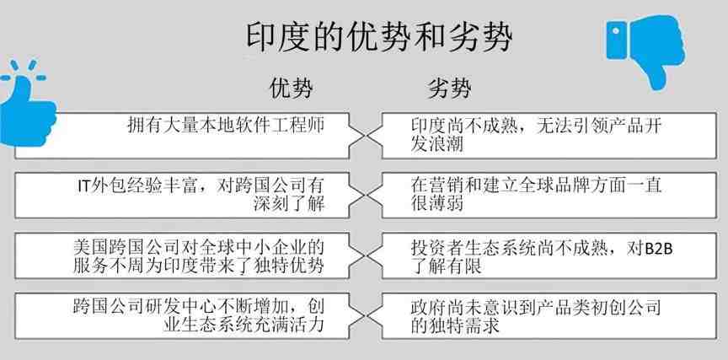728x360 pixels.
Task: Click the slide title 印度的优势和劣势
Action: click(x=378, y=37)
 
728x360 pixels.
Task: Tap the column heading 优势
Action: click(x=291, y=89)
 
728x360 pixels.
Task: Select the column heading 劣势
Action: click(x=449, y=89)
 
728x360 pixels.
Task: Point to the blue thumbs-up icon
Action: click(x=27, y=103)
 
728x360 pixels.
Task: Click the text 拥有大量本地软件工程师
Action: click(x=226, y=126)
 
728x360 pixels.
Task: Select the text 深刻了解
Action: click(x=289, y=204)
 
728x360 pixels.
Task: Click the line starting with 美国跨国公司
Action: click(x=198, y=246)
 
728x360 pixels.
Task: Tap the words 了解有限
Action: click(x=446, y=266)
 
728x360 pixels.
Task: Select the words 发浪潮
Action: click(x=437, y=144)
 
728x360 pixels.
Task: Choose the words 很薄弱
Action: click(x=437, y=204)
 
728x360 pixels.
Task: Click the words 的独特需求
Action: click(x=454, y=325)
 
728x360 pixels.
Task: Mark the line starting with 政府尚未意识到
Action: click(x=536, y=307)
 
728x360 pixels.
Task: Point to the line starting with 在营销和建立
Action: click(x=536, y=185)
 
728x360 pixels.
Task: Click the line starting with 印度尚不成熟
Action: click(x=536, y=126)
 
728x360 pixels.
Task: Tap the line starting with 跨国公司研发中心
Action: click(x=198, y=307)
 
